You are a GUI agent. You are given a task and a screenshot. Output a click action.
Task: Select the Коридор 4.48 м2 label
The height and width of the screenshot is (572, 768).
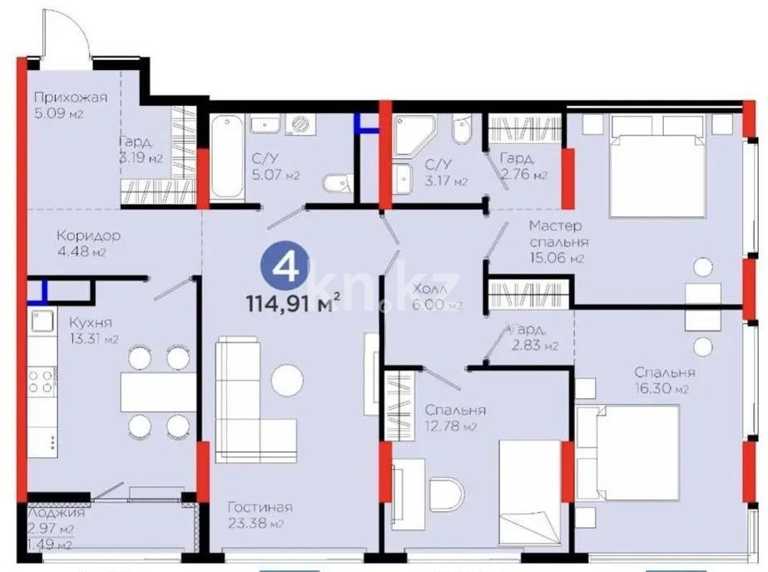pyautogui.click(x=88, y=243)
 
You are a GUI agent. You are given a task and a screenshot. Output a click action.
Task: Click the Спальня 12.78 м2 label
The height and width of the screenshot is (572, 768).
pyautogui.click(x=454, y=418)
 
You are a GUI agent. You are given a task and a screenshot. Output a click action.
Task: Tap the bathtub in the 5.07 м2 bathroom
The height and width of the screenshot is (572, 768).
pyautogui.click(x=226, y=157)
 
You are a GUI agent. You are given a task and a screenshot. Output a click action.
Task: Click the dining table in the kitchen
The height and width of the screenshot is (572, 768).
pyautogui.click(x=158, y=391)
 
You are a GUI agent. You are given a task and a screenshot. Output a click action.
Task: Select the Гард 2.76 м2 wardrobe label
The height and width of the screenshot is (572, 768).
pyautogui.click(x=523, y=166)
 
